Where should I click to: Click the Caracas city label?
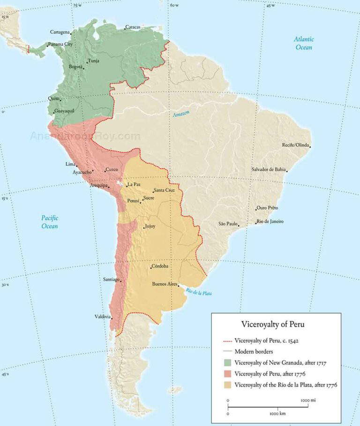(x=133, y=27)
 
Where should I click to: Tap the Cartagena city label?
(x=60, y=32)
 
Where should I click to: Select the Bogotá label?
(x=75, y=67)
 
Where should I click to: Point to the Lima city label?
(x=70, y=164)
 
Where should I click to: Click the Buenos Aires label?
(x=165, y=284)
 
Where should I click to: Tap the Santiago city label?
(x=111, y=280)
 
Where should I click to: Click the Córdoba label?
(x=160, y=266)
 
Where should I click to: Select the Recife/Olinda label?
(x=295, y=145)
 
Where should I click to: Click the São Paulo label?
(x=228, y=224)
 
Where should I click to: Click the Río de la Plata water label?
(x=198, y=292)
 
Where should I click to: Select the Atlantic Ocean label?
(x=304, y=43)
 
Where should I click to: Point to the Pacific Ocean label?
(x=50, y=222)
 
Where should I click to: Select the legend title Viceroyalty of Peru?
(x=275, y=324)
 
